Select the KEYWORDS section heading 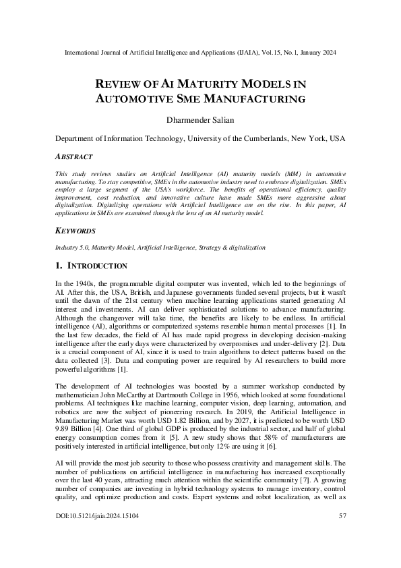[x=75, y=230]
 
